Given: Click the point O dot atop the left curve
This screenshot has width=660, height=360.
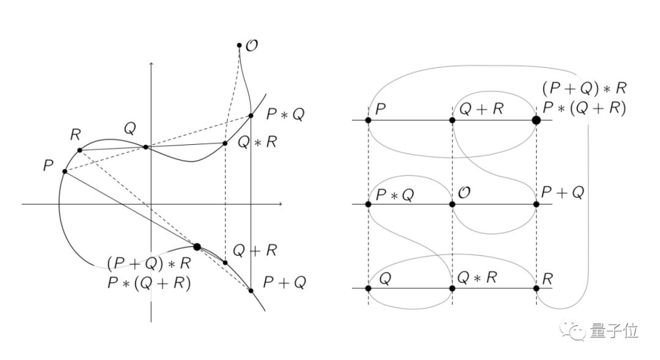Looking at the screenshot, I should coord(240,45).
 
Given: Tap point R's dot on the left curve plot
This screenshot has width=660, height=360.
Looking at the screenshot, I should coord(79,150).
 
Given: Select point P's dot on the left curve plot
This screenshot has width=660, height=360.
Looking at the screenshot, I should coord(64,171).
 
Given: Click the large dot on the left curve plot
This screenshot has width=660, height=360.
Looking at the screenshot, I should coord(197,247).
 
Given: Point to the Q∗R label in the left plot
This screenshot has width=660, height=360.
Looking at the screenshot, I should coord(257,142).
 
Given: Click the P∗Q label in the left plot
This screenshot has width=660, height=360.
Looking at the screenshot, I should coord(285,114).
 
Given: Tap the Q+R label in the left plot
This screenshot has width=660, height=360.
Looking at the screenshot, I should coord(255,250).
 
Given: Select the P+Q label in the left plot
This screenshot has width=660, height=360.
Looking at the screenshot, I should coord(284,282).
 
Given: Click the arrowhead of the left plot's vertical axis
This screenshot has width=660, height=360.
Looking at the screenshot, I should coord(151,64).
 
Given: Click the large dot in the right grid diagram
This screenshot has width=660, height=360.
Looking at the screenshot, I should coord(536,120).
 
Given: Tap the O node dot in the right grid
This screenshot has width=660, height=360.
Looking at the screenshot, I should coord(452,204).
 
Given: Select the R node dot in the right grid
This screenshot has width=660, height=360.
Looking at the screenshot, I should coord(536,288).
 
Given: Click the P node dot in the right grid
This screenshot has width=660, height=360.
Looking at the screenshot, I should coord(369,120).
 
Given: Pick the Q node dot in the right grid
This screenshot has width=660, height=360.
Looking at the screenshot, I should coord(369,288).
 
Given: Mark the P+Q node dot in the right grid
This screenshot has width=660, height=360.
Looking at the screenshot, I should coord(536,204).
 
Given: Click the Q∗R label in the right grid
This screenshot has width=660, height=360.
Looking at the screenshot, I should coord(478,278).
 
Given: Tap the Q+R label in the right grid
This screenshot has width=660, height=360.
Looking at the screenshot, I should coord(481,109).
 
